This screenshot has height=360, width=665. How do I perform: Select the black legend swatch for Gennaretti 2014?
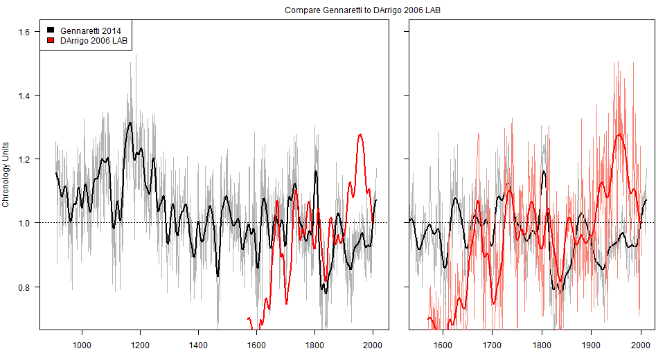point(51,30)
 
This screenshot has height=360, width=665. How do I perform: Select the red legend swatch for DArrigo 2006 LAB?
point(51,42)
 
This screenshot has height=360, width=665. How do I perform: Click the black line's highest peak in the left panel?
point(130,123)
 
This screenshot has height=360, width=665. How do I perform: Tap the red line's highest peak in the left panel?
point(360,134)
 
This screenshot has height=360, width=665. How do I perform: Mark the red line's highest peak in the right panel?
point(619,134)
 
